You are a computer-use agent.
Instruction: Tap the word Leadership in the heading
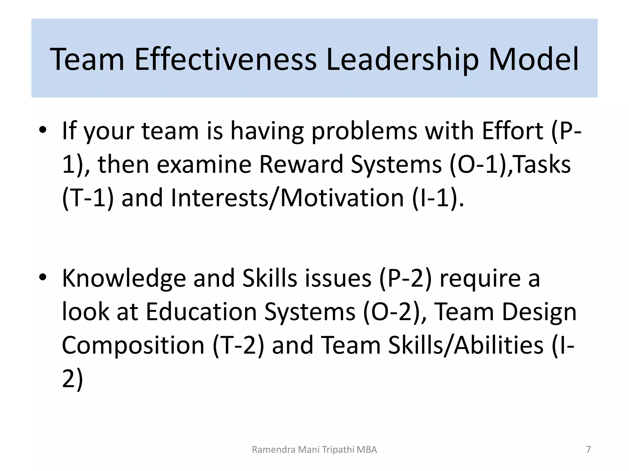click(x=402, y=59)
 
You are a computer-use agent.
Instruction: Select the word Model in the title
click(x=533, y=59)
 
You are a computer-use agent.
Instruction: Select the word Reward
click(x=301, y=164)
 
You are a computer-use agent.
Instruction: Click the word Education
click(x=201, y=312)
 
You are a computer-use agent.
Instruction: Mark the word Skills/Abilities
click(x=466, y=345)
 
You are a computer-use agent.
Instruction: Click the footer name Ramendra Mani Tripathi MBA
click(x=314, y=450)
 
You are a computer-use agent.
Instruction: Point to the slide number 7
click(x=588, y=450)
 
